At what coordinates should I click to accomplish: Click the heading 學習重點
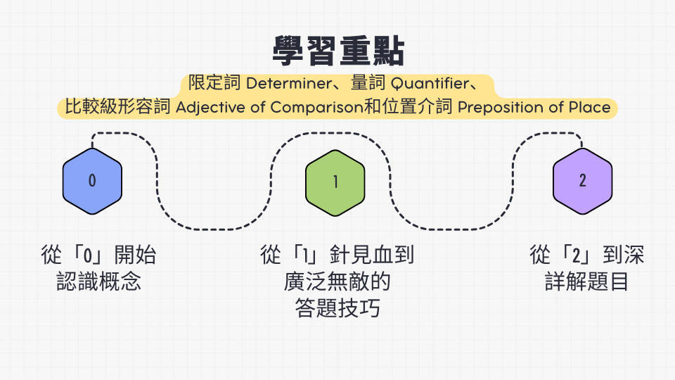(x=338, y=51)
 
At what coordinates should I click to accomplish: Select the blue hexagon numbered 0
(x=92, y=181)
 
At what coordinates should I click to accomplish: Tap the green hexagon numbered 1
(x=335, y=183)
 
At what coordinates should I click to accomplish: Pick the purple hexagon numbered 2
(x=582, y=181)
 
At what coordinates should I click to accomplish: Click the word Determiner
(x=289, y=83)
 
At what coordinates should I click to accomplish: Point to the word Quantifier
(x=430, y=83)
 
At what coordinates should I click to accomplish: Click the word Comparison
(x=317, y=107)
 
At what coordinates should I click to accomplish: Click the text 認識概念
(x=99, y=281)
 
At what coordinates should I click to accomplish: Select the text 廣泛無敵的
(x=337, y=281)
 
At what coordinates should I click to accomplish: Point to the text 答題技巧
(x=337, y=308)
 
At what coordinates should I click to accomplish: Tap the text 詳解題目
(x=586, y=281)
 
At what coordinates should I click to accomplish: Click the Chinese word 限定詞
(x=214, y=83)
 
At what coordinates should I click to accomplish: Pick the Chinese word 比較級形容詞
(x=118, y=107)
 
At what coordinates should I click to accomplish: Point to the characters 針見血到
(x=372, y=254)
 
